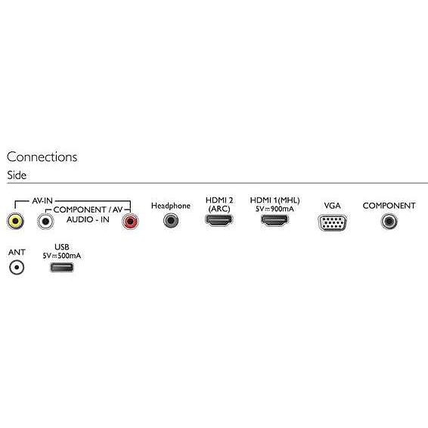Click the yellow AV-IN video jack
coord(15,221)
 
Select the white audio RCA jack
coord(45,222)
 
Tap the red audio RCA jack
coord(130,222)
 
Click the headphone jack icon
coord(171,221)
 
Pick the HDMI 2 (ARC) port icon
coord(219,220)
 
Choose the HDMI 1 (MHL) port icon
coord(274,220)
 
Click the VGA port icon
coord(332,223)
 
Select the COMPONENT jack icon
coord(389,221)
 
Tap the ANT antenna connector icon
coord(17,267)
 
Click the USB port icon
coord(62,267)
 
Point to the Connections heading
coord(42,157)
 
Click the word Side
coord(17,175)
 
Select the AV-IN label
coord(42,201)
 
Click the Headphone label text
coord(171,206)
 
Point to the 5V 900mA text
coord(274,209)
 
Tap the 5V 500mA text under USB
coord(62,256)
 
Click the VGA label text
coord(332,206)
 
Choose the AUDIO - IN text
coord(88,219)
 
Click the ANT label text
coord(17,253)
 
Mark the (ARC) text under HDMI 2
coord(219,209)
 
